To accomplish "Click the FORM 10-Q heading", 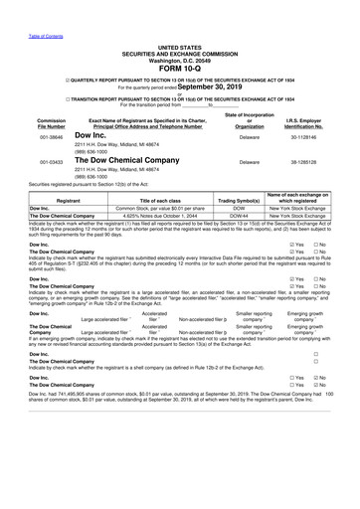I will pyautogui.click(x=179, y=69).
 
